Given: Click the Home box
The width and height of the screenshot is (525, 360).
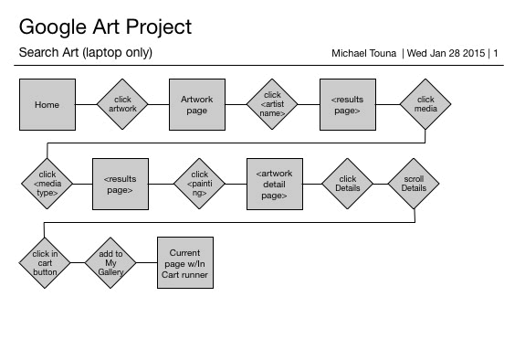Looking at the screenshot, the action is (47, 104).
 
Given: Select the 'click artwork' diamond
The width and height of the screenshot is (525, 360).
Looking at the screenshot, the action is (122, 104).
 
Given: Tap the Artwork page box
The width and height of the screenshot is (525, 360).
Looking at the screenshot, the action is (197, 104).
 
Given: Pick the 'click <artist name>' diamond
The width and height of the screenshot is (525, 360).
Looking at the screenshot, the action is (272, 104).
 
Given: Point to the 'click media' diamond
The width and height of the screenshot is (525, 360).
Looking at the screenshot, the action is (425, 104).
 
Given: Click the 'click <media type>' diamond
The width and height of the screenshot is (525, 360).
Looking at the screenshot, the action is (47, 184).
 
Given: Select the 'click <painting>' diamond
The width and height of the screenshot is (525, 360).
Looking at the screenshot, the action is (200, 184).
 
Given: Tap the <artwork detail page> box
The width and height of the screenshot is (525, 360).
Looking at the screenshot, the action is (275, 184).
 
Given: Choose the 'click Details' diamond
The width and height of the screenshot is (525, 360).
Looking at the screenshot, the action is (348, 184).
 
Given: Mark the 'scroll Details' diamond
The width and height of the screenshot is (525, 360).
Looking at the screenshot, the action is (414, 184).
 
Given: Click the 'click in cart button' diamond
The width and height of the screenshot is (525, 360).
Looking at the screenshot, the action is (45, 263).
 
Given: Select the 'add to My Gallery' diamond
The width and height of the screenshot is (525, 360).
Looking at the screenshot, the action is (110, 263).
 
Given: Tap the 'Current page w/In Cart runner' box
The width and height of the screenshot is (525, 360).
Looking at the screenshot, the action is (185, 263).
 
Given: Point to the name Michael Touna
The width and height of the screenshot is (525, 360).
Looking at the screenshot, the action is (363, 53).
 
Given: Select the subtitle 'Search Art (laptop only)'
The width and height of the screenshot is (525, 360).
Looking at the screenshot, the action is (86, 53).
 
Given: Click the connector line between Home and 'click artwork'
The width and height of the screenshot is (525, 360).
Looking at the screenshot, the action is (87, 104).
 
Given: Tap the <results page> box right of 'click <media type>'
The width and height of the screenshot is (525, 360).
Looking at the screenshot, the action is (121, 184).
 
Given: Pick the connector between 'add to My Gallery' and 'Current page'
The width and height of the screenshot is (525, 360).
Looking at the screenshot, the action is (147, 263).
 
